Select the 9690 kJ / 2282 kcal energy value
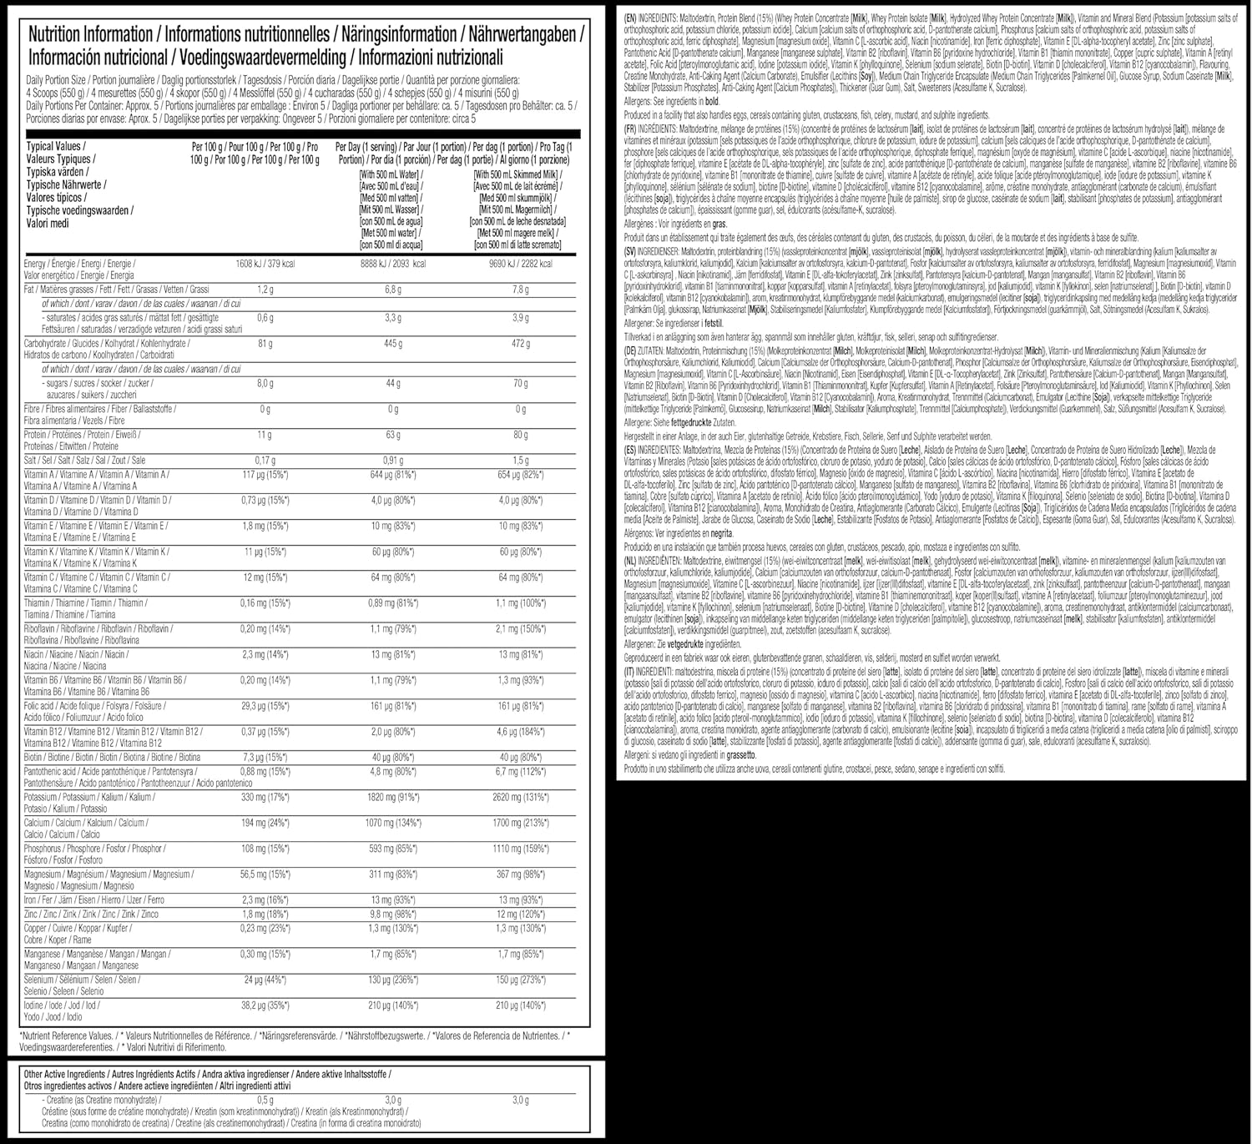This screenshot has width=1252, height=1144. coord(520,264)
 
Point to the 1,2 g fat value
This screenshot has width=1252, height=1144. coord(265,290)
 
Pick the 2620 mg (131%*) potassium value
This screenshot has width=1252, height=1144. coord(521,797)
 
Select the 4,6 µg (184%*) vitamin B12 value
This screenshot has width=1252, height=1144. coord(521,732)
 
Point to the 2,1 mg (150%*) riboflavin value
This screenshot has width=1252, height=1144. coord(521,628)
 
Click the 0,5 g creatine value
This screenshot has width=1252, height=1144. coord(265,1100)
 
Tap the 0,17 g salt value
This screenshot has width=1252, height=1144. coord(265,460)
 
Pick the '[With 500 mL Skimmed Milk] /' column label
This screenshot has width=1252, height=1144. coord(517,174)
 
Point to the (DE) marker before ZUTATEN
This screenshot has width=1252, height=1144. coord(631,351)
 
